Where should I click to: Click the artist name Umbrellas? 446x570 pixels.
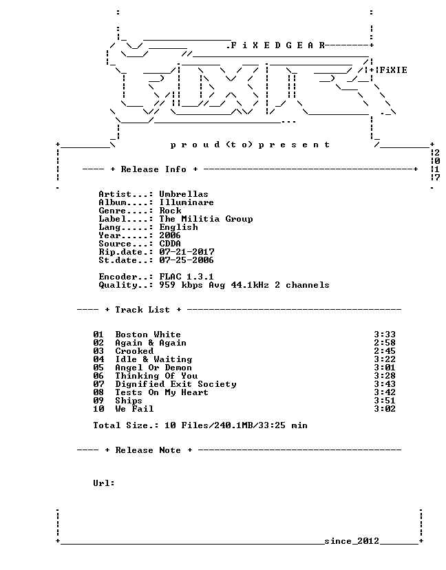(x=184, y=194)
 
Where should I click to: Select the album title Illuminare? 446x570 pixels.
(x=187, y=202)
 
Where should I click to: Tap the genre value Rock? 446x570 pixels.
(x=170, y=211)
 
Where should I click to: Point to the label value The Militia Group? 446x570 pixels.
(x=206, y=219)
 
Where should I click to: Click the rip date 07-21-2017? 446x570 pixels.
(x=187, y=252)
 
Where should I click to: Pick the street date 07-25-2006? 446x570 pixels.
(x=187, y=260)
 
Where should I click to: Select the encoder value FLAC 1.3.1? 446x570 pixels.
(x=187, y=277)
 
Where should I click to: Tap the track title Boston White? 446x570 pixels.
(x=148, y=335)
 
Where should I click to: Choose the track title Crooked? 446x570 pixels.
(x=134, y=351)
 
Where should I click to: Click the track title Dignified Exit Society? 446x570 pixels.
(x=176, y=384)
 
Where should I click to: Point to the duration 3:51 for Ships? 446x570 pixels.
(x=385, y=401)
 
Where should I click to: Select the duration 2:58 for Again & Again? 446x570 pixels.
(x=385, y=343)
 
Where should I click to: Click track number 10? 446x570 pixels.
(x=98, y=409)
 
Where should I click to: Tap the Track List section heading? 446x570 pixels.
(x=142, y=310)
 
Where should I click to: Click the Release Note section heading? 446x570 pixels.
(x=148, y=450)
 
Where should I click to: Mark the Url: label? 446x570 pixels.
(x=104, y=483)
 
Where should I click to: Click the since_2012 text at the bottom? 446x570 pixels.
(x=352, y=541)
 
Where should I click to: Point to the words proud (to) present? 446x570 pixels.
(x=250, y=145)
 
